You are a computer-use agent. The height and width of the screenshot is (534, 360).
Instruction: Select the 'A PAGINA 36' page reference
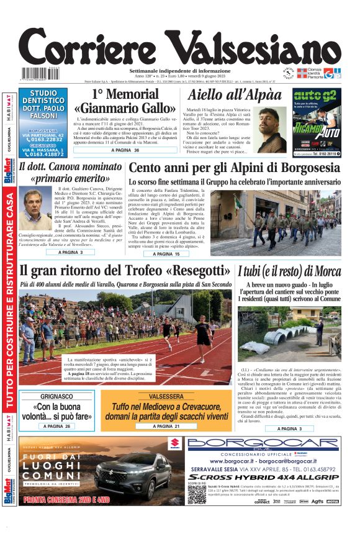tap(125, 150)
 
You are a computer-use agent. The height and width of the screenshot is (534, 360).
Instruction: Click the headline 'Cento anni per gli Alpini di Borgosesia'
tap(234, 168)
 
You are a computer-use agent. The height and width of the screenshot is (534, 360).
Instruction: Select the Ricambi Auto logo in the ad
tap(317, 131)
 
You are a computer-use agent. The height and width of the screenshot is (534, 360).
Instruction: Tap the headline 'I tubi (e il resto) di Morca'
tap(289, 272)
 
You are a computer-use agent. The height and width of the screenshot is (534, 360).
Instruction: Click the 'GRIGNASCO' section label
tap(56, 396)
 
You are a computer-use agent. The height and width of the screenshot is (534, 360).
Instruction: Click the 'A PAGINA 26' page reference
tap(56, 427)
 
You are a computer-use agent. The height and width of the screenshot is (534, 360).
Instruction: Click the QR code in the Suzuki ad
tap(197, 494)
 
